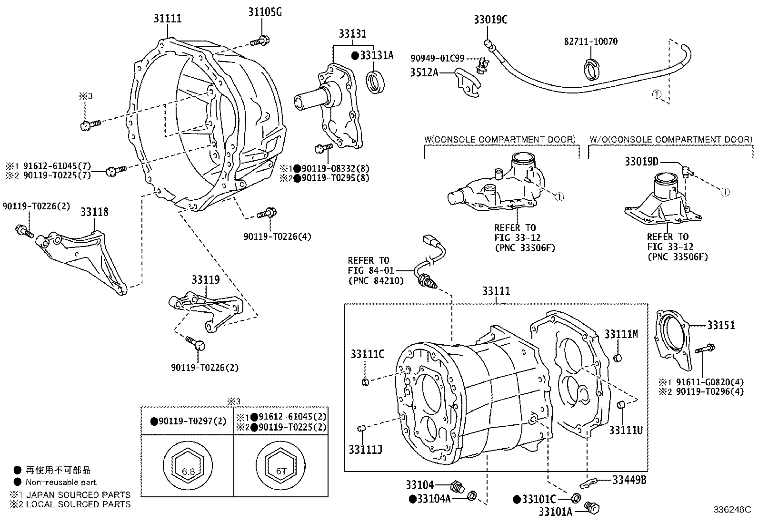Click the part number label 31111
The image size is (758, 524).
(x=167, y=19)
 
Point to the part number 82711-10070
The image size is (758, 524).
(x=591, y=42)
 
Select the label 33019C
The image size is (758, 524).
(x=490, y=20)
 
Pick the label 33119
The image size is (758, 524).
(x=206, y=279)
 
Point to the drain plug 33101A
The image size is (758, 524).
(x=593, y=508)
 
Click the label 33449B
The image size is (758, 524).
(x=629, y=480)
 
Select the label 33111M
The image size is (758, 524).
(x=621, y=334)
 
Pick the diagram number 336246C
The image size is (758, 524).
(x=731, y=510)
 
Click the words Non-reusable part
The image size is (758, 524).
(x=61, y=482)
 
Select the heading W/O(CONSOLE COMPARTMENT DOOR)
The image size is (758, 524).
(x=671, y=139)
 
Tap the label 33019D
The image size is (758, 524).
(x=641, y=162)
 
